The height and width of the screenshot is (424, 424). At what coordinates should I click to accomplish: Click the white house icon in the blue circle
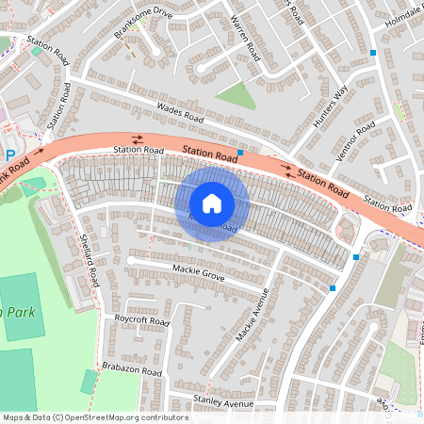212,203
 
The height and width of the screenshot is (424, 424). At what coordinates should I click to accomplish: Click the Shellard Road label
90,261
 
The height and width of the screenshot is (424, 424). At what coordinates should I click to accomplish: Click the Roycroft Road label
140,321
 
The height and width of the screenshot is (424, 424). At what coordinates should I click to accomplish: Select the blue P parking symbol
10,155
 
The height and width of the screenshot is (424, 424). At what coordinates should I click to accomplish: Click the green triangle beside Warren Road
236,95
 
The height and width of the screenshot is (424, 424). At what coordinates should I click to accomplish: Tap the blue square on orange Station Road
241,153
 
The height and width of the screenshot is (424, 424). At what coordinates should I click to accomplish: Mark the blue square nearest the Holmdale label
373,52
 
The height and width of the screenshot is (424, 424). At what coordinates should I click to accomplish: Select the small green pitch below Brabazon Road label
89,382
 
